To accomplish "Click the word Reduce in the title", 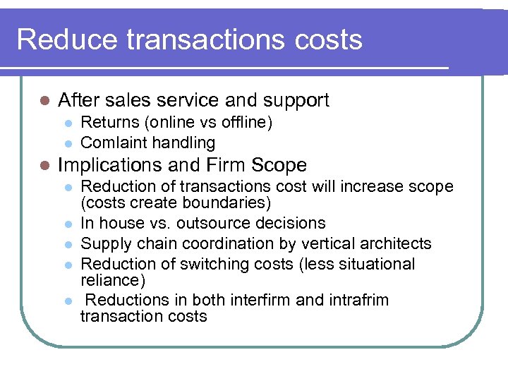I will click(x=68, y=40).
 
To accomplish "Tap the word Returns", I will click(x=110, y=123).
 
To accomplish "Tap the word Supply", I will click(x=105, y=243).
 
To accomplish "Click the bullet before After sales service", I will click(x=44, y=101).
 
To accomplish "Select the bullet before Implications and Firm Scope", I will click(x=44, y=166).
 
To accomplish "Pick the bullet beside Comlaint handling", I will click(x=68, y=143).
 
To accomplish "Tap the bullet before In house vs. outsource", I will click(x=68, y=224).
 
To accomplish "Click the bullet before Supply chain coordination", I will click(x=68, y=244).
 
